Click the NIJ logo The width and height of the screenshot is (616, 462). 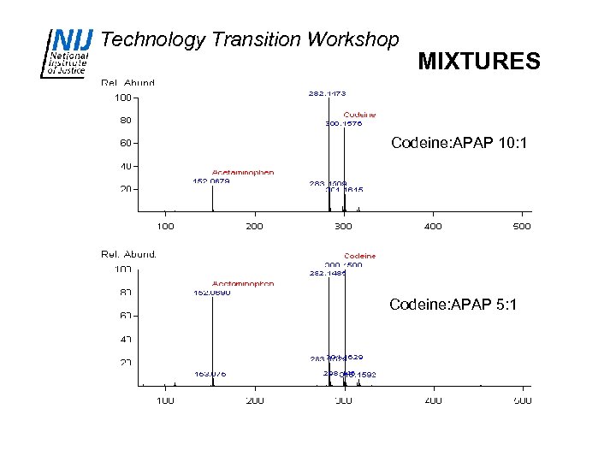[66, 53]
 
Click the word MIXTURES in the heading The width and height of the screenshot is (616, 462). [478, 62]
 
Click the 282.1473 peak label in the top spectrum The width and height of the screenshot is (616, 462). [327, 92]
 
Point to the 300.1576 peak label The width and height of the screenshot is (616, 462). [344, 123]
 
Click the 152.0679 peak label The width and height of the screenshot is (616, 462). [211, 181]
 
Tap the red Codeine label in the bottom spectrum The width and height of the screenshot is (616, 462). [359, 256]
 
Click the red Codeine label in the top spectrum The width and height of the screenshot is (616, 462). [359, 115]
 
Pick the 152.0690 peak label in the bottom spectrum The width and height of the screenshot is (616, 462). [211, 293]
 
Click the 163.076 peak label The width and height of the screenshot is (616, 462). [210, 374]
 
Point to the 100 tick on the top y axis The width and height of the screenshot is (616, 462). [123, 98]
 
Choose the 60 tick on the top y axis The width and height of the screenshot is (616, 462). [125, 143]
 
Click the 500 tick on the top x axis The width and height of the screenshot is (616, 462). [521, 227]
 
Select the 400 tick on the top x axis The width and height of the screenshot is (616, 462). [433, 227]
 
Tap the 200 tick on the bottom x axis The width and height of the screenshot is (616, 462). [255, 400]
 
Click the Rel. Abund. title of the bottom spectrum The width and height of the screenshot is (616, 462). [128, 253]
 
